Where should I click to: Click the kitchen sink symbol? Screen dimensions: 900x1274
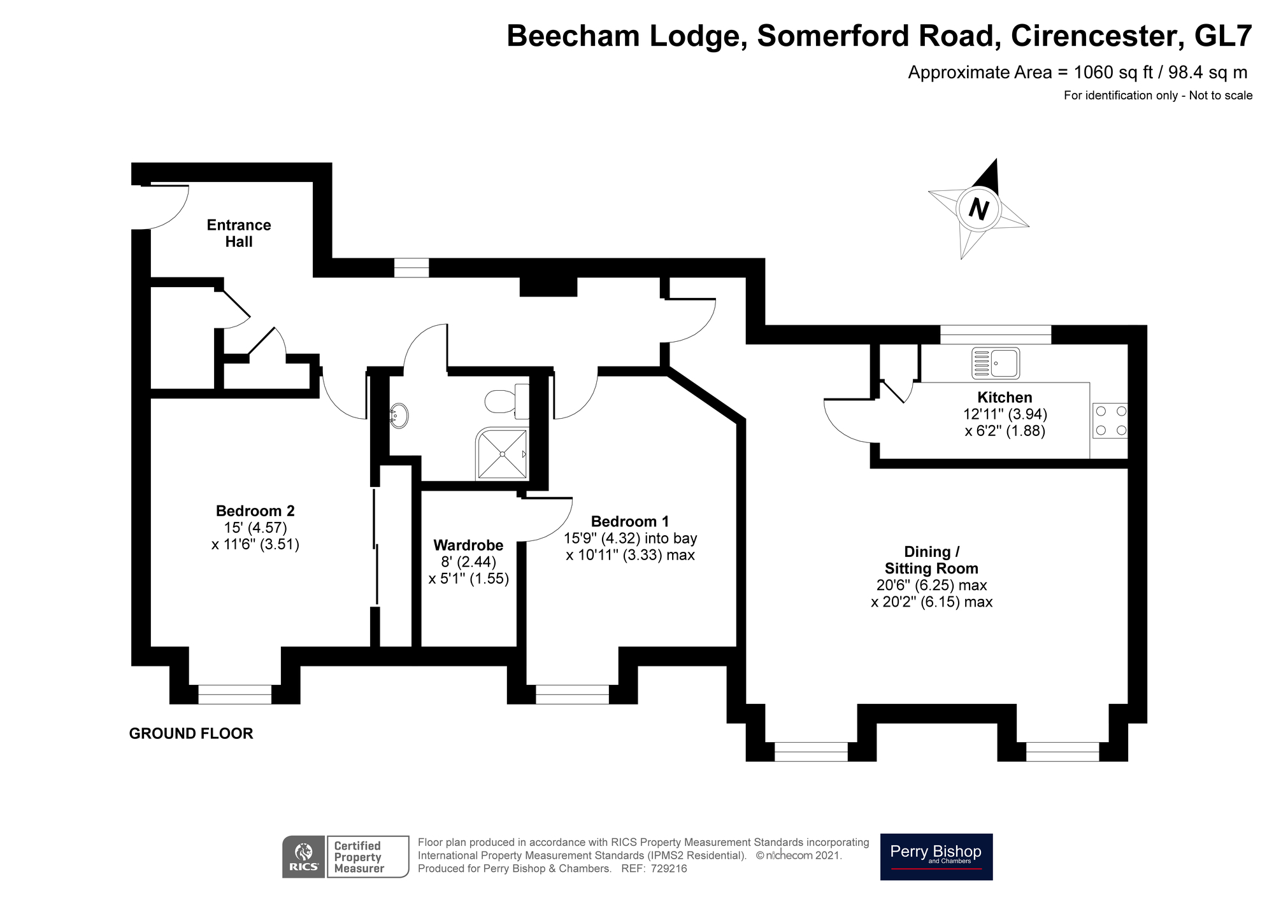click(995, 363)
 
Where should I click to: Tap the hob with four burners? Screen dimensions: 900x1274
click(1110, 421)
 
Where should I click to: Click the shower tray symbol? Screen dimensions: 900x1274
click(502, 453)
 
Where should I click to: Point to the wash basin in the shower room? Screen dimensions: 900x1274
click(399, 416)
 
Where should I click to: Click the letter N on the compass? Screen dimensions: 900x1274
click(978, 209)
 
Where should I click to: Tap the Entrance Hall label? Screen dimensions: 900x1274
click(239, 233)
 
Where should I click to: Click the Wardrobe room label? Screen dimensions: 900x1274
click(468, 545)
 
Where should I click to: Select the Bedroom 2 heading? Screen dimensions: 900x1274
click(255, 510)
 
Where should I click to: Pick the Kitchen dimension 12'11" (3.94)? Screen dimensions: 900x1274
click(1005, 414)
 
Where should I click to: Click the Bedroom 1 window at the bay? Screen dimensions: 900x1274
click(572, 694)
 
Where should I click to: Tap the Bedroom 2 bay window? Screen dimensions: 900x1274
click(234, 694)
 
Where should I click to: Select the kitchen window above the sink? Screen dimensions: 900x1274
click(995, 334)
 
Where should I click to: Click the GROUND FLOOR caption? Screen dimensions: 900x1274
click(191, 733)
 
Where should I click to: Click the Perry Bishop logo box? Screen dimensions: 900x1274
click(936, 857)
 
